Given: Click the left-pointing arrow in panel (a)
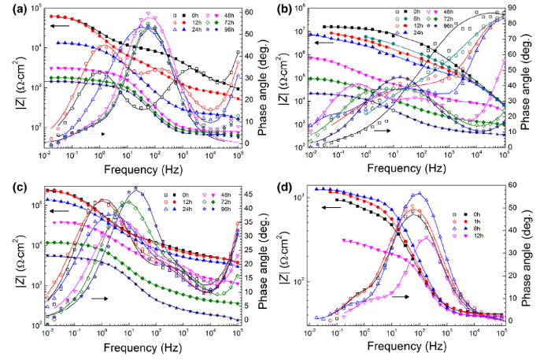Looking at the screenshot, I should tap(57, 26).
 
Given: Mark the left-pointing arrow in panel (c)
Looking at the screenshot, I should tap(57, 210).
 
